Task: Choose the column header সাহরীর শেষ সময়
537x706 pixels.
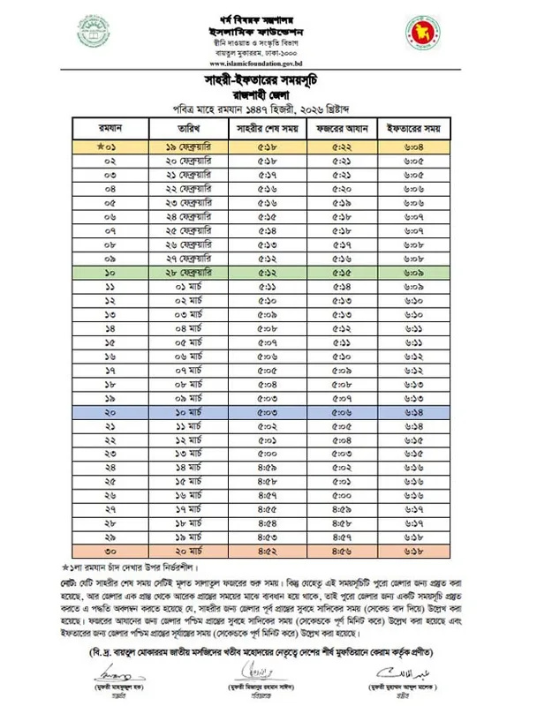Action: coord(266,128)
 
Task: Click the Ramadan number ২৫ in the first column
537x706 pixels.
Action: coord(110,481)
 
